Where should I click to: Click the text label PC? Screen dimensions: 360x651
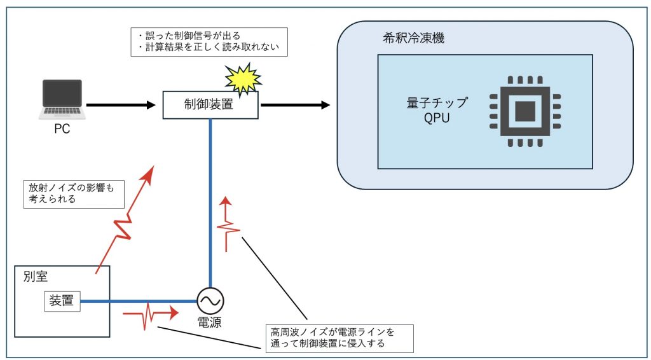pos(62,129)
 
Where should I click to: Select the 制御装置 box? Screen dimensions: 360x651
pos(210,105)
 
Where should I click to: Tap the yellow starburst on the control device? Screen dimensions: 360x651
pos(243,79)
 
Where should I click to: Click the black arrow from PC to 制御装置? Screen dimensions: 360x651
pos(121,104)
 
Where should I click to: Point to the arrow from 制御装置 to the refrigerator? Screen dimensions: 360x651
pos(295,104)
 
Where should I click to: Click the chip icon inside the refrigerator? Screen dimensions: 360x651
pos(524,112)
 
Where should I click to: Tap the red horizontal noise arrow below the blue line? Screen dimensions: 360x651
pos(150,314)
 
